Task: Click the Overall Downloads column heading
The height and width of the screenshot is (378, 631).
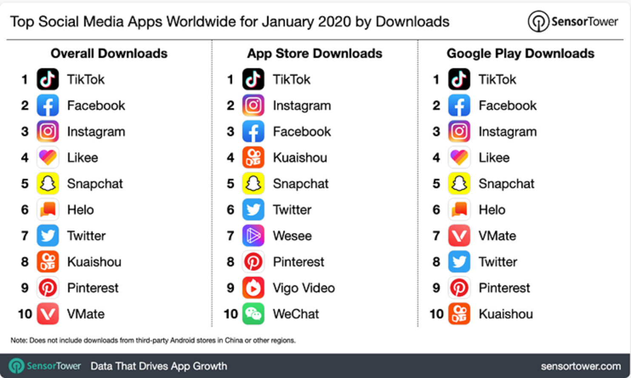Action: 109,54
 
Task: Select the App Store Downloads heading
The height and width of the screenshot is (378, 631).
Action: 315,54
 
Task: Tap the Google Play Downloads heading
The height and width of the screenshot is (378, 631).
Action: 520,54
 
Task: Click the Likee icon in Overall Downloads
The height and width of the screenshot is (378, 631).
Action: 48,158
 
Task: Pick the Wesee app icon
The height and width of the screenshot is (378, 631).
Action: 253,236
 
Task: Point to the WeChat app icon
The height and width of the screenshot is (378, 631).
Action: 253,314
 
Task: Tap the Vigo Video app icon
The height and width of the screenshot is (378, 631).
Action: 253,288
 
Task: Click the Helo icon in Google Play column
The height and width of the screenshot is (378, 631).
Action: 459,210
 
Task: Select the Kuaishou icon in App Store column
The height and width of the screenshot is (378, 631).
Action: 253,158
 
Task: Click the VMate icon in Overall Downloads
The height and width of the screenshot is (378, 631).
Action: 48,314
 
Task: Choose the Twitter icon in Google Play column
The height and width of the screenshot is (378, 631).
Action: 459,262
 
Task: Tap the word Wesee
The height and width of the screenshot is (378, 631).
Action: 292,236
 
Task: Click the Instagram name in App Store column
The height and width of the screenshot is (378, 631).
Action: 302,106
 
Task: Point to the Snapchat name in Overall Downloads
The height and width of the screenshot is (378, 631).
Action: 95,184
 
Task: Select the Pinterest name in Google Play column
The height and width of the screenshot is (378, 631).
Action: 504,288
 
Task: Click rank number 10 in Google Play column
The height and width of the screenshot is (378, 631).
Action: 437,314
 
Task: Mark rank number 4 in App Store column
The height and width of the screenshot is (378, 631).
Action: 230,158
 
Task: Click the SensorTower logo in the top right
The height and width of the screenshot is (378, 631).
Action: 573,21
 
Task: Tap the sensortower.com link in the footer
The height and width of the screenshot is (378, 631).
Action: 581,367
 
